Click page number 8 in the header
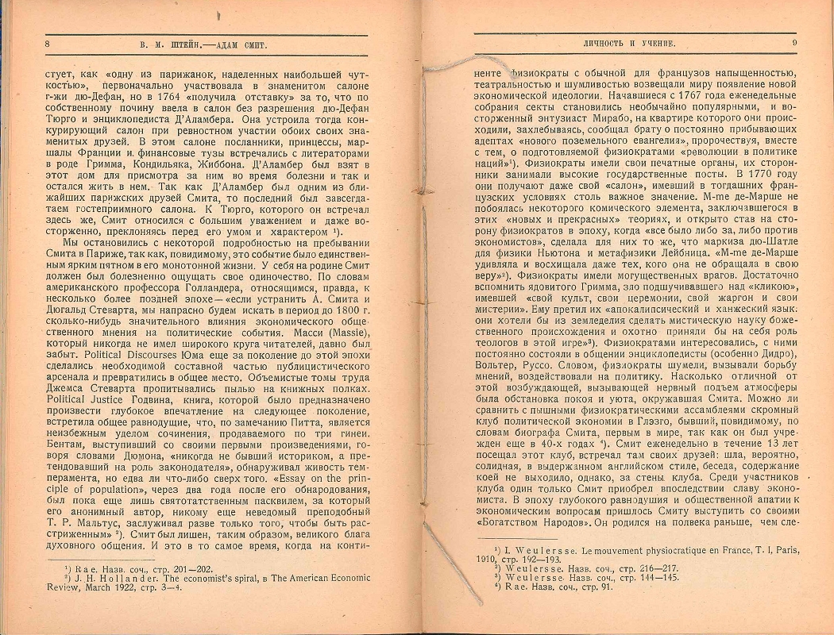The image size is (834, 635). point(48,44)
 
